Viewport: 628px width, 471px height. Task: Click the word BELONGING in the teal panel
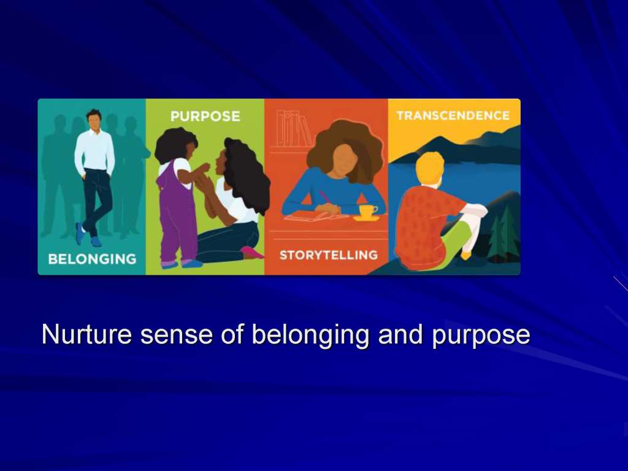92,259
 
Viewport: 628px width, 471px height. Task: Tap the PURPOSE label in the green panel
205,116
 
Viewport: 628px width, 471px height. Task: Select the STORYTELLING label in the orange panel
329,255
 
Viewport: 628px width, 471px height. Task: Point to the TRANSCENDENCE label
453,115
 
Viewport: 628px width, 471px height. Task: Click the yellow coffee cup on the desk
367,212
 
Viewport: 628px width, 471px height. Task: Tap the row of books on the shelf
294,129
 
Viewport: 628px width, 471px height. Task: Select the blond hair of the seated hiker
430,167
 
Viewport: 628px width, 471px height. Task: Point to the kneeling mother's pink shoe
252,252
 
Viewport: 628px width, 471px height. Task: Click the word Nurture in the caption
86,334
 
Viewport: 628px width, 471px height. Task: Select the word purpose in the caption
481,335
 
